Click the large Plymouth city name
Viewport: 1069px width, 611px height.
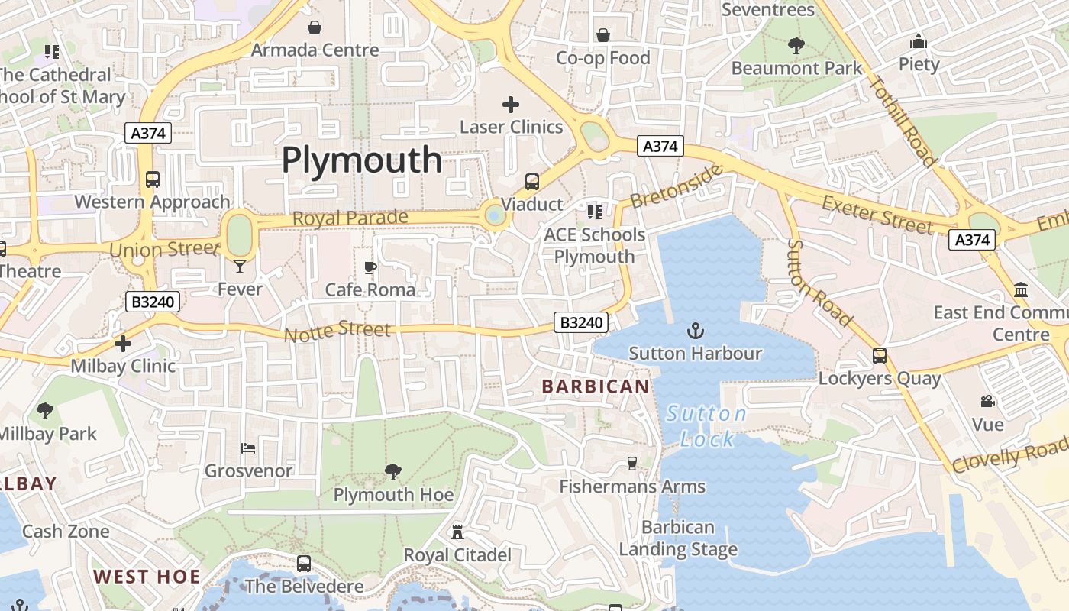point(362,160)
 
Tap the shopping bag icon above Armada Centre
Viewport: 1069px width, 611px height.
point(315,28)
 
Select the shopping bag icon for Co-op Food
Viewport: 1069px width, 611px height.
point(603,35)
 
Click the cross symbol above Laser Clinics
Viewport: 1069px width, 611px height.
point(511,105)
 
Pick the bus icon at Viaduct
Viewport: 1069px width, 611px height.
point(532,182)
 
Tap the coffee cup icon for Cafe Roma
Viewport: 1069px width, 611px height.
point(370,267)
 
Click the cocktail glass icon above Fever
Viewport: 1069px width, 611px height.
point(240,267)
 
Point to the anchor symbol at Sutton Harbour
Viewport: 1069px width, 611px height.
point(695,331)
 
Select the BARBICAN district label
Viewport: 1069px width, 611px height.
point(596,386)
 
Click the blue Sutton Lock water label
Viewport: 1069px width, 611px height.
point(706,426)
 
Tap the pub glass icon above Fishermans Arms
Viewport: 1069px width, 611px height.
point(631,464)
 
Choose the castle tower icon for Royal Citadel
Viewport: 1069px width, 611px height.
point(457,532)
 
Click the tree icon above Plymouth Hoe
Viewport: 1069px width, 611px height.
point(393,472)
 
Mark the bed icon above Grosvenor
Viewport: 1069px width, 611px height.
point(248,448)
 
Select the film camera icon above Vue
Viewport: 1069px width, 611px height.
point(987,401)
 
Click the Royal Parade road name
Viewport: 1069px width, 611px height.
point(350,218)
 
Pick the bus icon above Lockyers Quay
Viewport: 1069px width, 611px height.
point(880,355)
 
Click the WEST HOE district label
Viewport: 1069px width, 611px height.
point(147,577)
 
